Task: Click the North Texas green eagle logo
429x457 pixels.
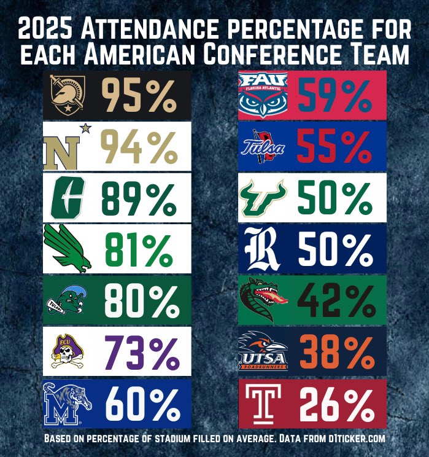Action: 68,247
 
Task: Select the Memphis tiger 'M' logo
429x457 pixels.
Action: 68,403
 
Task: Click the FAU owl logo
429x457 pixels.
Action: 262,95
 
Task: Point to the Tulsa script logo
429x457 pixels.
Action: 262,147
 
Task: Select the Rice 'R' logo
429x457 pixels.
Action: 263,248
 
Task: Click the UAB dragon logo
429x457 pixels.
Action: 263,300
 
